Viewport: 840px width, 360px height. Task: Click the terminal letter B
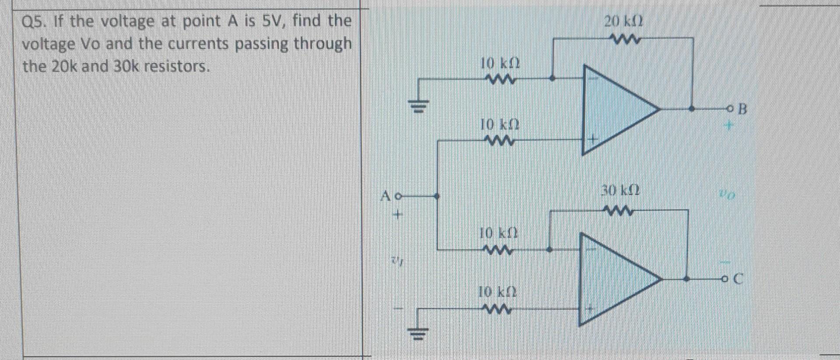point(742,109)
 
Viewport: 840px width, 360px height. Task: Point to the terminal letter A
point(385,196)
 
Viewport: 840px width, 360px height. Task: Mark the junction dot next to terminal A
point(436,196)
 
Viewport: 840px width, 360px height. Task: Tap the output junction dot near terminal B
point(691,109)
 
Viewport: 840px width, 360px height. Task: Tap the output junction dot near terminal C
point(686,279)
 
